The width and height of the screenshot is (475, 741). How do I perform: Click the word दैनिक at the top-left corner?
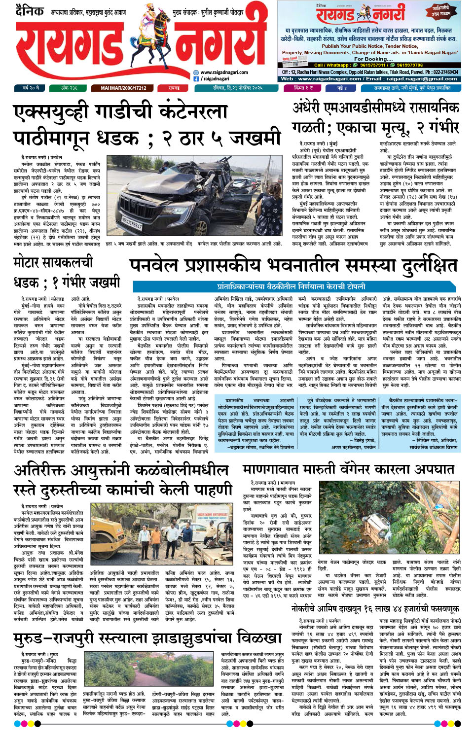pos(30,10)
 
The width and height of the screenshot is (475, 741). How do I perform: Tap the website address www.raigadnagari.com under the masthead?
pos(224,72)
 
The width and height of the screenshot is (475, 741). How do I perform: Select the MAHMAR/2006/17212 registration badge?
pos(123,88)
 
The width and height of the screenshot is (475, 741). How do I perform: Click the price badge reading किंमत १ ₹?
pos(303,88)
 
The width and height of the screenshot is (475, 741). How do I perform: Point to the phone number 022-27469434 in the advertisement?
pos(439,72)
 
